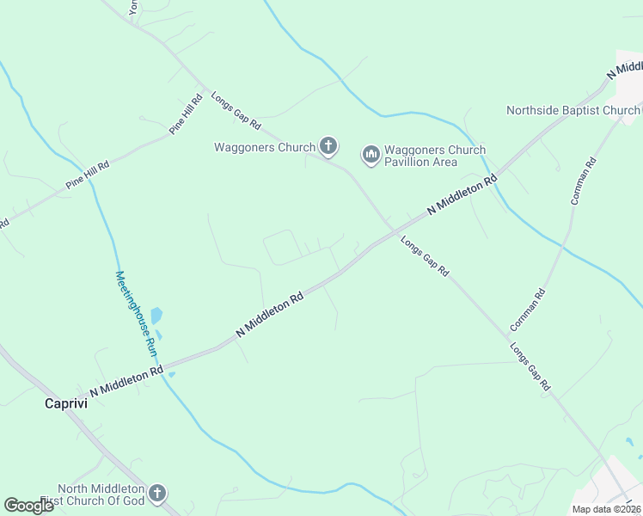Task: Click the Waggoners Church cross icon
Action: [x=328, y=147]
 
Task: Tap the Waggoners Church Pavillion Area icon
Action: [x=371, y=155]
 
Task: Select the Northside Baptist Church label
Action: [x=573, y=110]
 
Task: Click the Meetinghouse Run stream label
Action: [x=137, y=314]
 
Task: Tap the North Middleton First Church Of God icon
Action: [x=156, y=494]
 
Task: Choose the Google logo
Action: [x=28, y=506]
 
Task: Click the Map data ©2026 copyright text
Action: [x=606, y=509]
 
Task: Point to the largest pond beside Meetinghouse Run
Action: [x=156, y=316]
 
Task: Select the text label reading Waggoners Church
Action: [x=265, y=147]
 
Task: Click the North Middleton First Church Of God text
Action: [x=102, y=494]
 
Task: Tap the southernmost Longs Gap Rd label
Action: [x=530, y=369]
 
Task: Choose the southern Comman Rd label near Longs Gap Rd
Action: [x=528, y=310]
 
